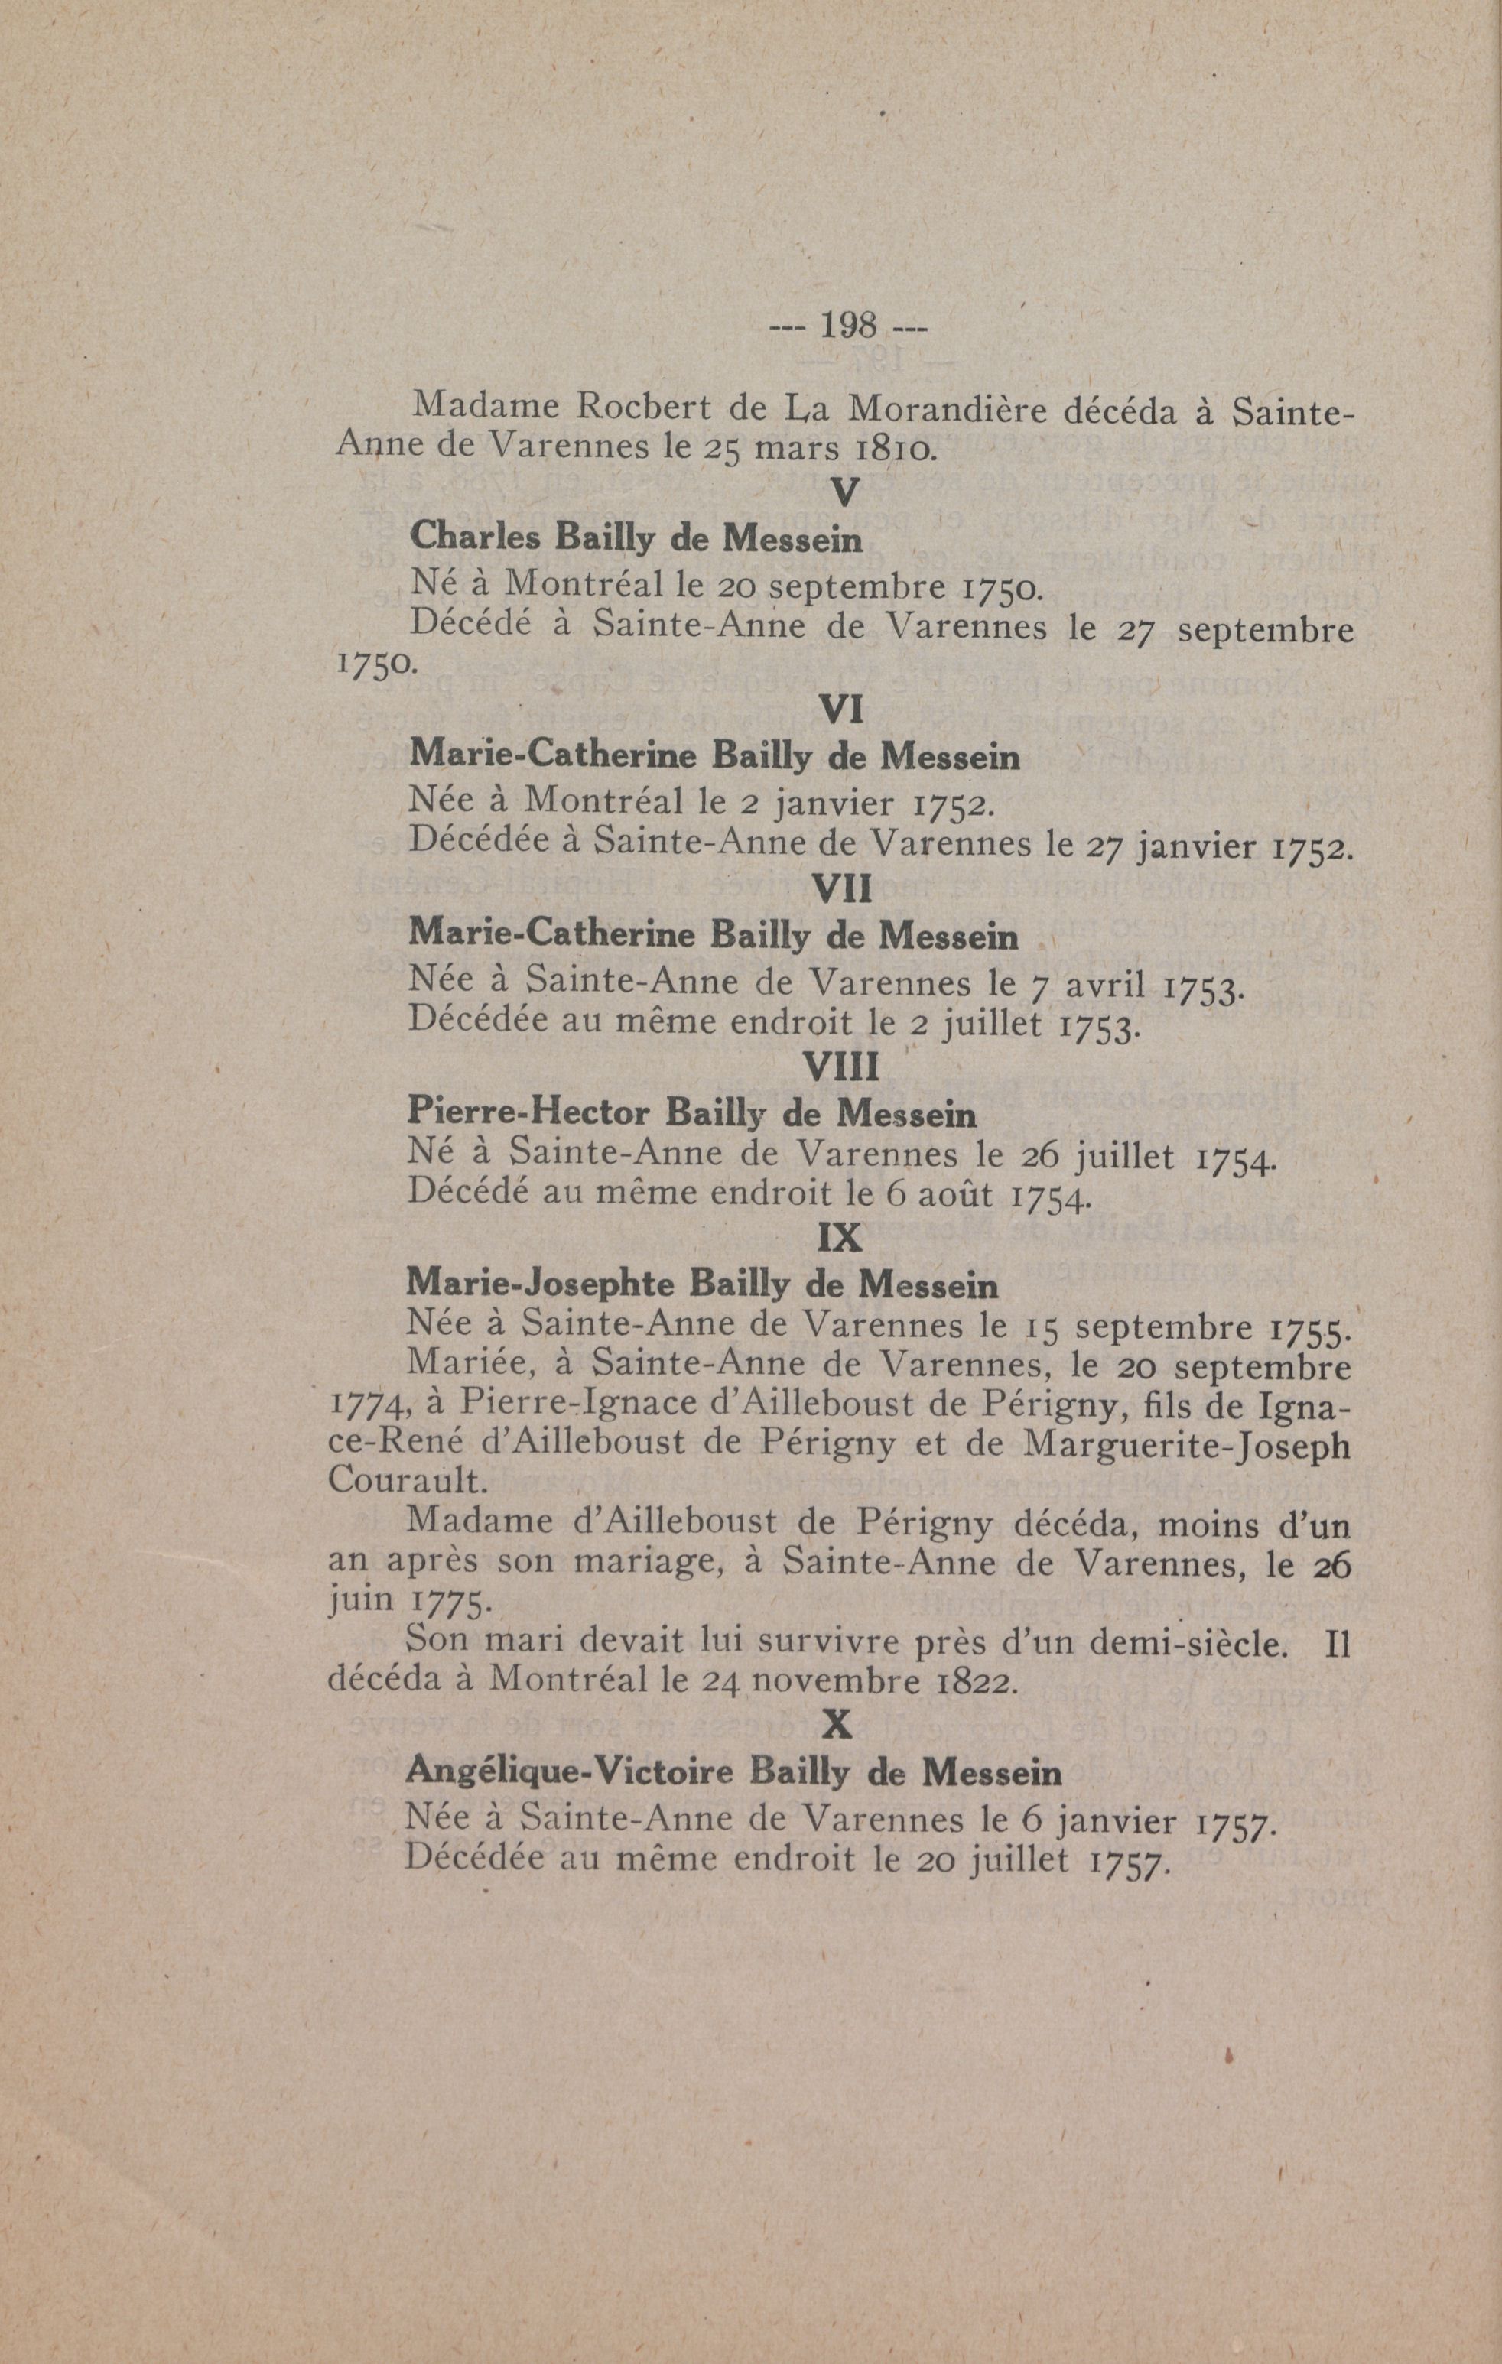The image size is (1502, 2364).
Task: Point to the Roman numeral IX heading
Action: pyautogui.click(x=840, y=1239)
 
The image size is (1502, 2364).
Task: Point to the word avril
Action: pyautogui.click(x=1104, y=982)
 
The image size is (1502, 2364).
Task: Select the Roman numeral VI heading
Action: pyautogui.click(x=840, y=709)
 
